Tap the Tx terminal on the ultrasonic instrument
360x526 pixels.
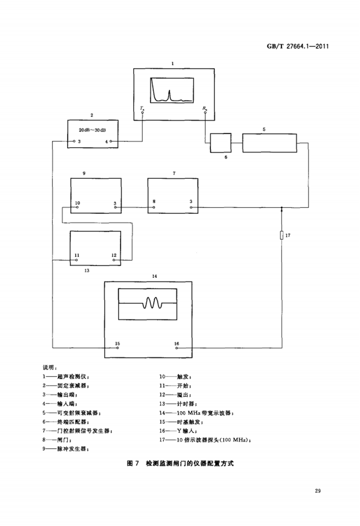tap(143, 113)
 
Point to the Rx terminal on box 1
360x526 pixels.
tap(205, 113)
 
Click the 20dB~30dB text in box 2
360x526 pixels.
tap(92, 130)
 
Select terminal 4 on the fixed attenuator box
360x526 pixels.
tap(111, 141)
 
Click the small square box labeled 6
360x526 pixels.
tap(221, 143)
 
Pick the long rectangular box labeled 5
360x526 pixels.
tap(270, 143)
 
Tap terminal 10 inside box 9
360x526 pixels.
tap(77, 208)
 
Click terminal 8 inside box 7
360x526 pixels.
tap(154, 208)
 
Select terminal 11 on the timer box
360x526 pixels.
tap(77, 260)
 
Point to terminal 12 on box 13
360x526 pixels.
tap(114, 260)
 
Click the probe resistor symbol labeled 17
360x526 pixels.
tap(281, 236)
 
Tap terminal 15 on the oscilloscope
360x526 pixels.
tap(117, 348)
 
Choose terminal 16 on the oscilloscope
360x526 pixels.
tap(177, 348)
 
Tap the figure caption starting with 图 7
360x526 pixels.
tap(180, 463)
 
